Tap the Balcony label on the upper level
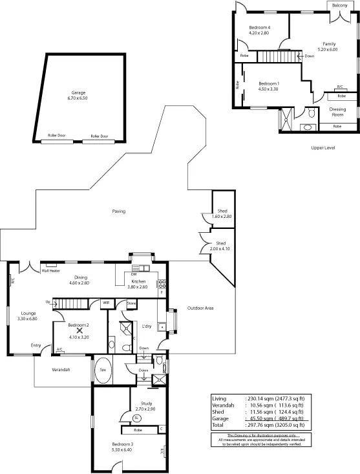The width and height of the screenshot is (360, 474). [x=340, y=5]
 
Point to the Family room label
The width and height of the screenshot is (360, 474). [x=330, y=47]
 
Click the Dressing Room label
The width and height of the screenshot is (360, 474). [x=337, y=112]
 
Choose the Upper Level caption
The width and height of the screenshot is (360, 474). [x=323, y=147]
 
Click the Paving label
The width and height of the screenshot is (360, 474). [x=118, y=211]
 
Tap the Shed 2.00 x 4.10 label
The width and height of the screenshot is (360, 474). [x=218, y=246]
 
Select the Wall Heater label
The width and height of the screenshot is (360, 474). [x=50, y=270]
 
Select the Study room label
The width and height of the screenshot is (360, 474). [x=146, y=407]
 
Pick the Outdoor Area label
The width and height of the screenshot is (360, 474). [x=200, y=308]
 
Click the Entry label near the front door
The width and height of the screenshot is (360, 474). [x=37, y=345]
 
